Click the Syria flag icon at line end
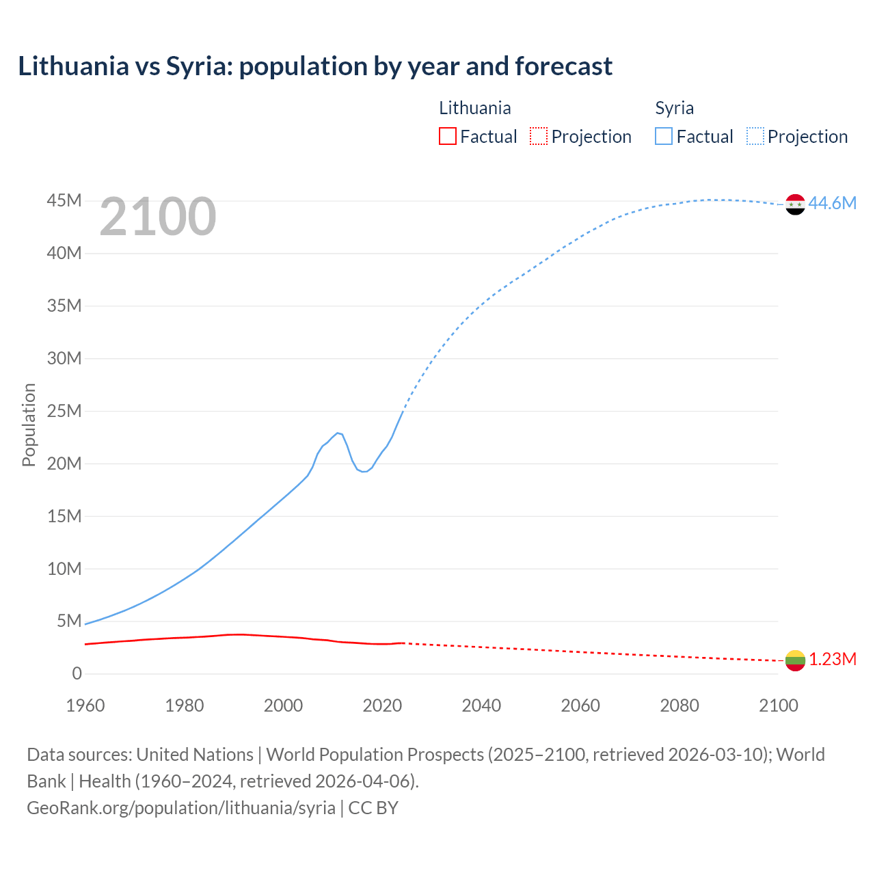pyautogui.click(x=795, y=204)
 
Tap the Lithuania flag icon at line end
pyautogui.click(x=795, y=660)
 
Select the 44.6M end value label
pyautogui.click(x=832, y=204)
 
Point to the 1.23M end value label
pyautogui.click(x=833, y=660)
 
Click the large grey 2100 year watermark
pyautogui.click(x=158, y=217)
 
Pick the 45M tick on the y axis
pyautogui.click(x=64, y=201)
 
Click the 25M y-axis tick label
pyautogui.click(x=64, y=412)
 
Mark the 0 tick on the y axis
pyautogui.click(x=77, y=674)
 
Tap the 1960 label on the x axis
pyautogui.click(x=85, y=705)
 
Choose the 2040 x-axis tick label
pyautogui.click(x=481, y=705)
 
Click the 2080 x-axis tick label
pyautogui.click(x=679, y=705)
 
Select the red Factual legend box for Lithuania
pyautogui.click(x=448, y=137)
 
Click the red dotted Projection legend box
pyautogui.click(x=539, y=137)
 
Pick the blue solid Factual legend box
pyautogui.click(x=664, y=137)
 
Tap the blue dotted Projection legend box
pyautogui.click(x=755, y=137)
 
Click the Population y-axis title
pyautogui.click(x=29, y=425)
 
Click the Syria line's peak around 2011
pyautogui.click(x=338, y=433)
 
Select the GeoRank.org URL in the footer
pyautogui.click(x=181, y=808)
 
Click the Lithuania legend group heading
pyautogui.click(x=474, y=108)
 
